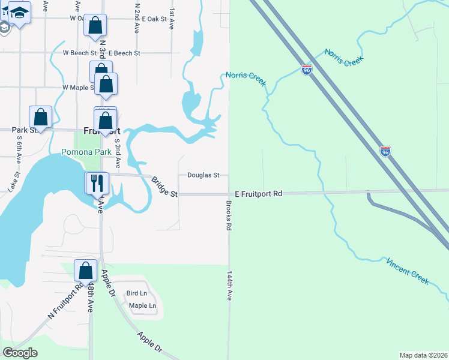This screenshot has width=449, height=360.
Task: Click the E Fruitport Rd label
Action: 258,194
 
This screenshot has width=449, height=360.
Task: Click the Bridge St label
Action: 164,187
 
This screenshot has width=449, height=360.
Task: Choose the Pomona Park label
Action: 86,152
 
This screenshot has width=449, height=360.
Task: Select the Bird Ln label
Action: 136,293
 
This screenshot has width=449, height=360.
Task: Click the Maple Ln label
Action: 143,306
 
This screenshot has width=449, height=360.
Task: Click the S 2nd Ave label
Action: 118,152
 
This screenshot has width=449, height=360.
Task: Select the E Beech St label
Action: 124,53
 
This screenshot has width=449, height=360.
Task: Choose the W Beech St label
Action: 77,53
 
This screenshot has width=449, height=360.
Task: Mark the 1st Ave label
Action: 172,20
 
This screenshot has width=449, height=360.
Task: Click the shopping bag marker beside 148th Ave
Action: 85,270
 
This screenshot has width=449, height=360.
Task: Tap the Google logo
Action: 20,353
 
